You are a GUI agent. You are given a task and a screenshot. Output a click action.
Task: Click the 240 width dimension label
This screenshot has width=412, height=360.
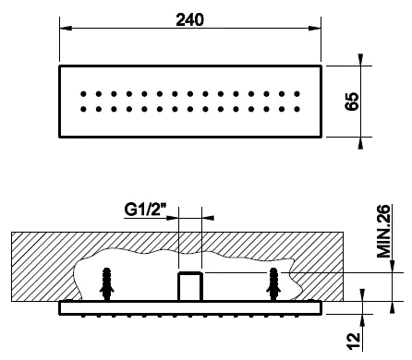tap(189, 20)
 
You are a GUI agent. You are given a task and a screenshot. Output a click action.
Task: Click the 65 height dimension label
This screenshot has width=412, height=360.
tap(352, 101)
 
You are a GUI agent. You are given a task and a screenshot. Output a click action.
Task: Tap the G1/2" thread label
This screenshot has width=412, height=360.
tap(145, 210)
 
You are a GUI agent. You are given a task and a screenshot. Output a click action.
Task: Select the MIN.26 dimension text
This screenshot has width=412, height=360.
tap(383, 231)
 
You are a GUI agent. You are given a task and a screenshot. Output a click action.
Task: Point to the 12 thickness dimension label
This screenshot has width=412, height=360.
tap(354, 341)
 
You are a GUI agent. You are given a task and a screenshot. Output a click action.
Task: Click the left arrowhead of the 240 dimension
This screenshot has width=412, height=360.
tap(66, 28)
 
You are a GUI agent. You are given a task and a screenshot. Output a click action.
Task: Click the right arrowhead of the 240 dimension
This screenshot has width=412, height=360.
tap(315, 28)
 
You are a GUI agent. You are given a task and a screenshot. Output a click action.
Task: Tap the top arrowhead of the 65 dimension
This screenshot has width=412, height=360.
tap(360, 60)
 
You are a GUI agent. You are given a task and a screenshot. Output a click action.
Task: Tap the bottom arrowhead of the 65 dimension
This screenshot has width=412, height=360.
tap(360, 143)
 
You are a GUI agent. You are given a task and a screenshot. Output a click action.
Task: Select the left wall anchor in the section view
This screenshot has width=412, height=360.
tap(107, 283)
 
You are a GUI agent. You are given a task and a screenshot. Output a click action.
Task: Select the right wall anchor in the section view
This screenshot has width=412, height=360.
tap(273, 283)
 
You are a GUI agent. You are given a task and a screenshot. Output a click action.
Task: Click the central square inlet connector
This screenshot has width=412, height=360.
tap(190, 287)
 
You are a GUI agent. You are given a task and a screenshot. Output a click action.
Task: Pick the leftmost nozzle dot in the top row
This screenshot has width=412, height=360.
tap(83, 94)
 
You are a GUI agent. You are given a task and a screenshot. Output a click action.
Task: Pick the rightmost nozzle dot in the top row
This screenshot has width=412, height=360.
tap(297, 94)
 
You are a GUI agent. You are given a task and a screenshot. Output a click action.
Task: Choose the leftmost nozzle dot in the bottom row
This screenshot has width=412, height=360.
tap(83, 109)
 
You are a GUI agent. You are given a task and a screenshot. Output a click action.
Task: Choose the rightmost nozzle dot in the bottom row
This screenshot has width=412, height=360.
tap(297, 109)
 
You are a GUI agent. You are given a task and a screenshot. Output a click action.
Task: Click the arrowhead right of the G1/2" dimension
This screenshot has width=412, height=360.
tap(208, 218)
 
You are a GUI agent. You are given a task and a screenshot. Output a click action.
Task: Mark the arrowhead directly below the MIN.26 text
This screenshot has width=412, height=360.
tap(392, 267)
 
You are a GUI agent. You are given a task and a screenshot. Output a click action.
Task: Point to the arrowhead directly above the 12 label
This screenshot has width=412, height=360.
tap(362, 294)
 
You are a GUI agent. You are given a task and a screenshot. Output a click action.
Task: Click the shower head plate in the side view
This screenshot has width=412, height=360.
tap(190, 308)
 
